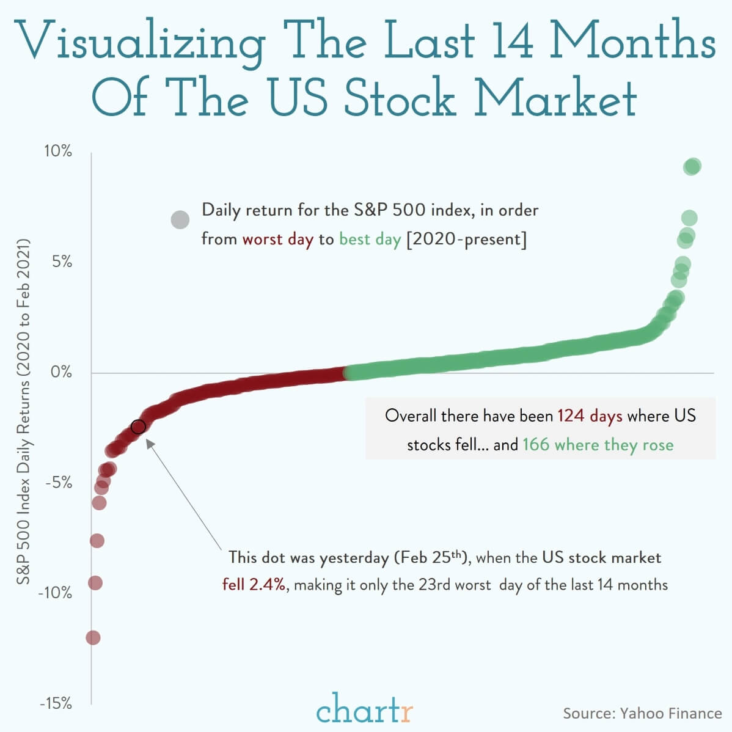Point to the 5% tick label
point(60,262)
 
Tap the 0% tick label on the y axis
point(60,371)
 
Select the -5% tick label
point(58,483)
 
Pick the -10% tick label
point(54,593)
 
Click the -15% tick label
point(55,703)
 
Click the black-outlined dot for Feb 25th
point(138,426)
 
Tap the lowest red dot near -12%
point(93,638)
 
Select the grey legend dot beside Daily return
point(180,219)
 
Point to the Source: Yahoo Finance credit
point(642,713)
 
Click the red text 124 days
point(590,416)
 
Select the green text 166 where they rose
point(598,444)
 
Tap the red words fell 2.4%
point(254,585)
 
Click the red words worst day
point(277,239)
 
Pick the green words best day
point(370,239)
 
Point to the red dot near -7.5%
point(97,541)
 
